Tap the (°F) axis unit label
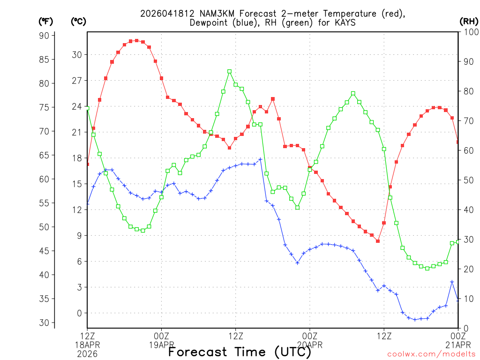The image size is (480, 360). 46,21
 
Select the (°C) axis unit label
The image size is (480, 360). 78,21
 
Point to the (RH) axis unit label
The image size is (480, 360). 468,21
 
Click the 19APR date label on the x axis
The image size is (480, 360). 162,345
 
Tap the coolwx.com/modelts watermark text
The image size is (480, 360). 431,354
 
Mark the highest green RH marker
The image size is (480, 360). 229,71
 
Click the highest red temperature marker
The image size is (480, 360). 136,40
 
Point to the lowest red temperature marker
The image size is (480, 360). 377,241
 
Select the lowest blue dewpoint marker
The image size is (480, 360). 414,320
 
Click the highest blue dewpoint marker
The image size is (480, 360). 260,159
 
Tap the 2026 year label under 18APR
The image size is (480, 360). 88,354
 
